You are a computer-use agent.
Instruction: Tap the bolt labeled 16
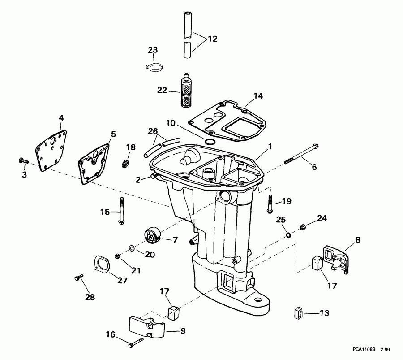tap(134, 344)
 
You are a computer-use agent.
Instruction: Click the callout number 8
tap(357, 240)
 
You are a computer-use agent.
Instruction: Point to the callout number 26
tap(153, 131)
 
